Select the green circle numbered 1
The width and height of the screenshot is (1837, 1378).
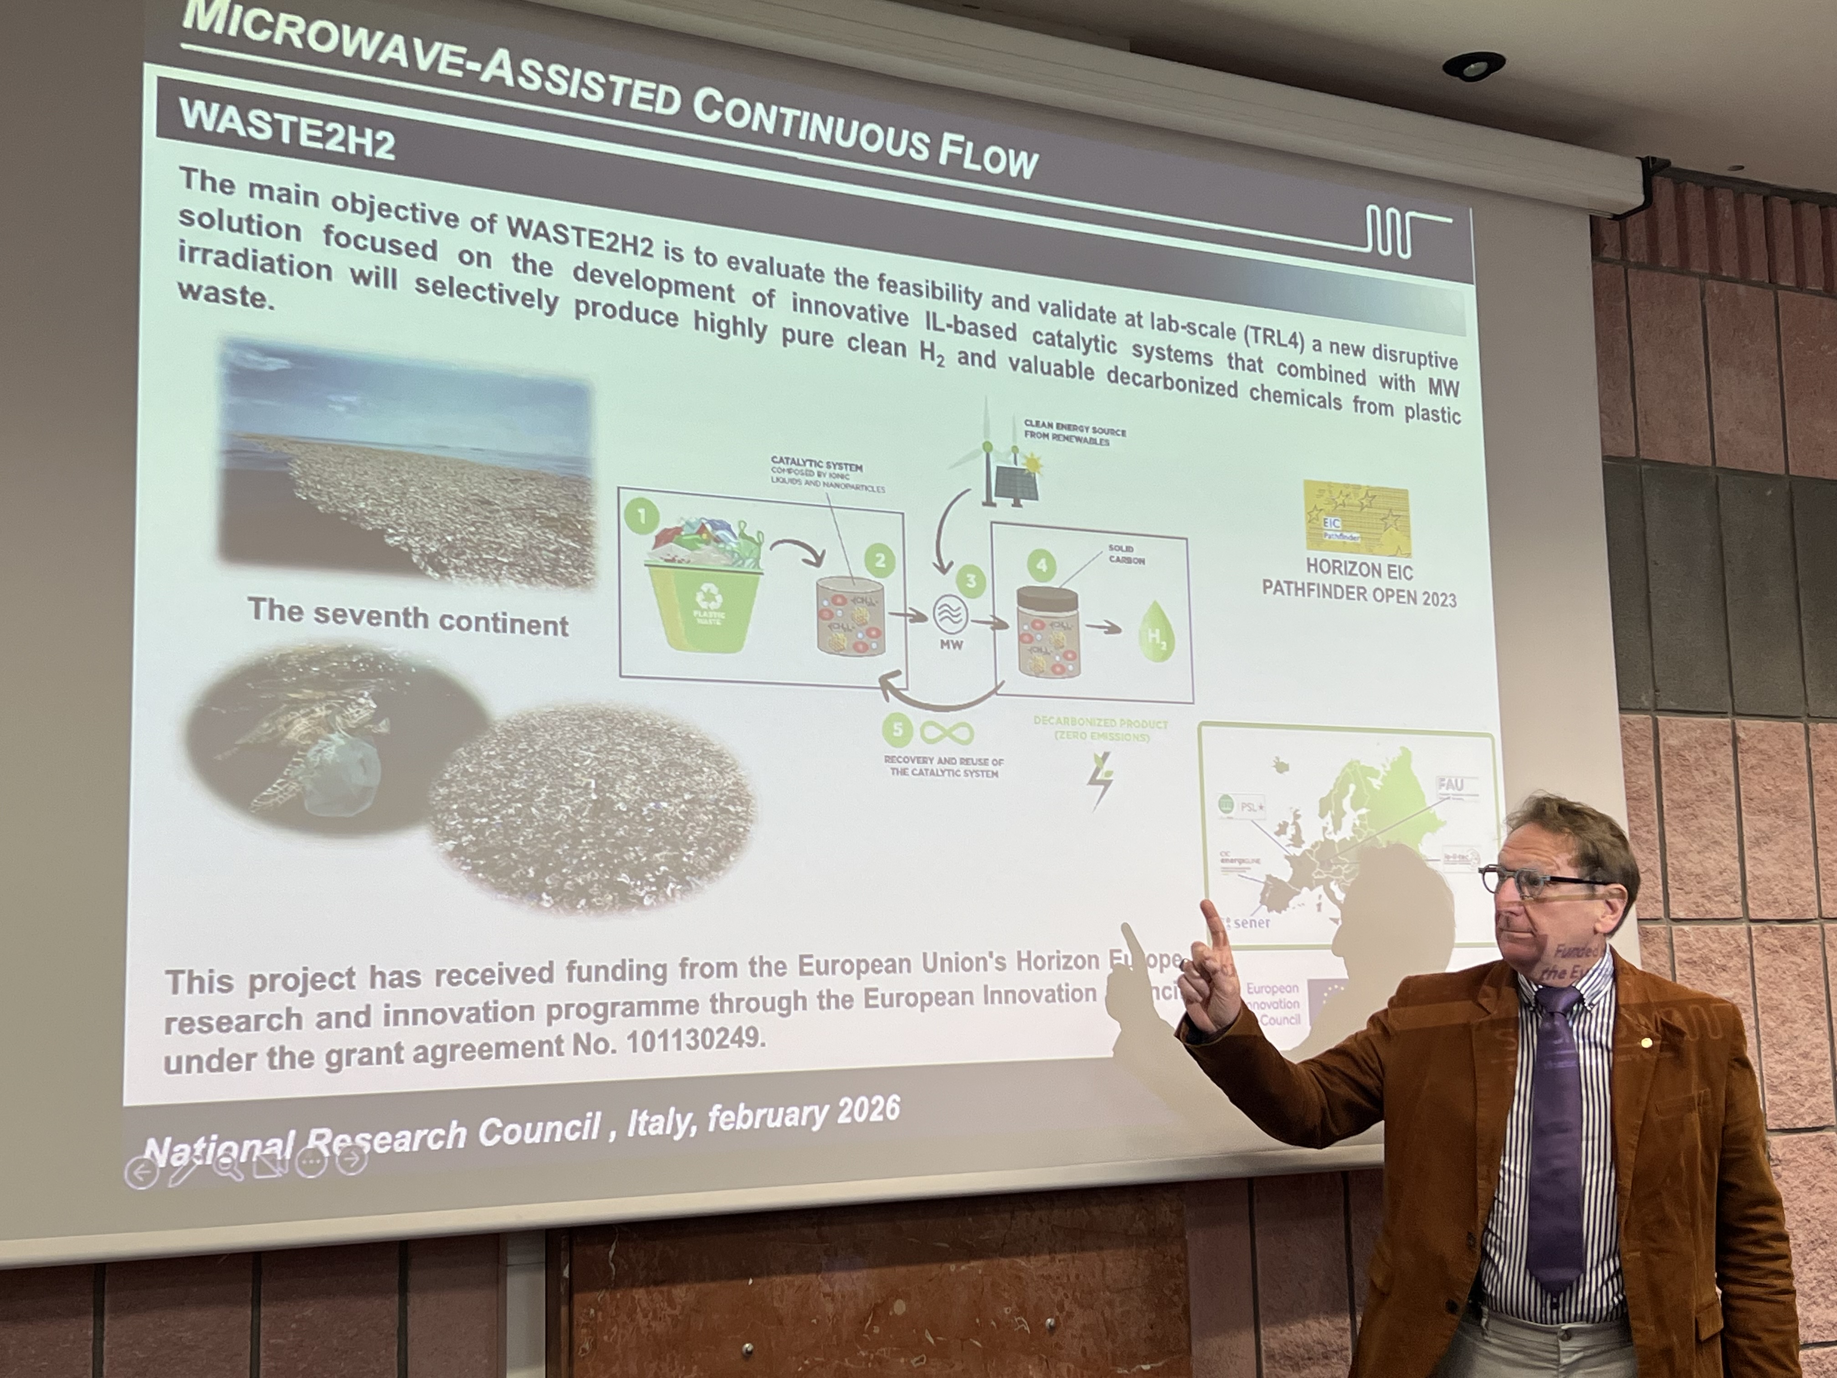click(641, 517)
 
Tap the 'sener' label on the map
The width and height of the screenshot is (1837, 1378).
click(1252, 922)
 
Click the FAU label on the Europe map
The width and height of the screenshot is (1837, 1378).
click(1450, 784)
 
